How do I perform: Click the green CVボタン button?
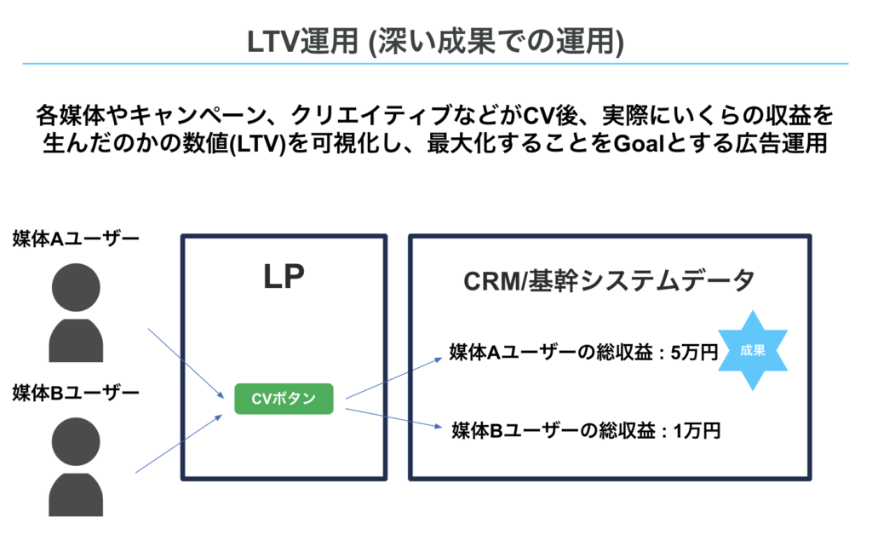(x=284, y=399)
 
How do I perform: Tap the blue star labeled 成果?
(x=753, y=350)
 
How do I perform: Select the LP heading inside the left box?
(x=284, y=277)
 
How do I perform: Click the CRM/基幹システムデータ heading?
(x=609, y=280)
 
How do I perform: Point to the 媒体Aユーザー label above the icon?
(x=76, y=239)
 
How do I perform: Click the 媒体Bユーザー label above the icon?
(x=76, y=393)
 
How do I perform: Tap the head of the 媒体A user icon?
(x=76, y=287)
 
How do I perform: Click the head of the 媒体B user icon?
(x=76, y=441)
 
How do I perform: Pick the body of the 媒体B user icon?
(x=76, y=494)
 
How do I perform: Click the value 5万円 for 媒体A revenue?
(x=694, y=352)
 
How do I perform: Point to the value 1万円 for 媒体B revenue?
(x=697, y=430)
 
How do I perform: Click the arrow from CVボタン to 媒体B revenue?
(x=393, y=417)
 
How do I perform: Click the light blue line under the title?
(x=436, y=64)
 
